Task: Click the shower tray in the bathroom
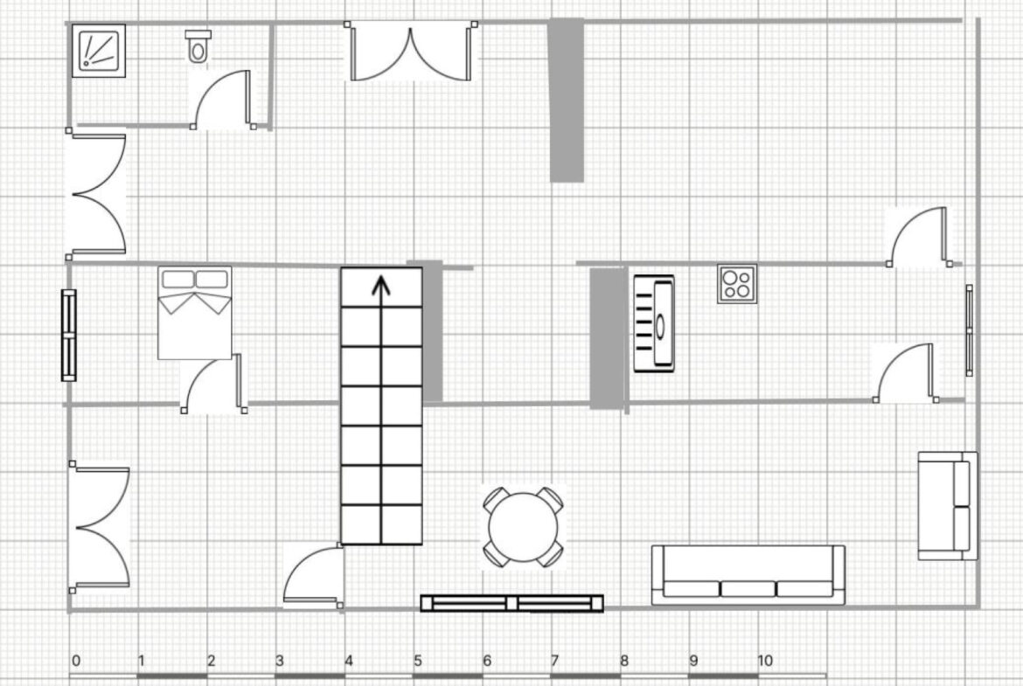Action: click(x=98, y=50)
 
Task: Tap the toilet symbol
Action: click(x=198, y=45)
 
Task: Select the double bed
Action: click(x=195, y=312)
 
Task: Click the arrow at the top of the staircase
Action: click(x=381, y=287)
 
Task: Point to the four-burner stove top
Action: click(x=737, y=284)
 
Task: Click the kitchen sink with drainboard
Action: click(x=654, y=323)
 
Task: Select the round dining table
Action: click(x=523, y=527)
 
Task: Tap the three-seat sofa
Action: click(x=748, y=575)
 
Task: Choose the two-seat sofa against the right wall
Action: click(x=948, y=505)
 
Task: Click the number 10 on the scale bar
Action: click(x=765, y=661)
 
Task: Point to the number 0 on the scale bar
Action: click(x=76, y=661)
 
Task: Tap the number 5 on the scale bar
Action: click(x=418, y=661)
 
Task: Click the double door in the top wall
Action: click(x=411, y=52)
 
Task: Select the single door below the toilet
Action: click(x=223, y=99)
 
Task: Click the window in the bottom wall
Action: click(x=512, y=603)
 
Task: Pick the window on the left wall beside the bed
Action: click(x=68, y=336)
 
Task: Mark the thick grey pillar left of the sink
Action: click(x=608, y=338)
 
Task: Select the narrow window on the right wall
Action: click(x=970, y=330)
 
